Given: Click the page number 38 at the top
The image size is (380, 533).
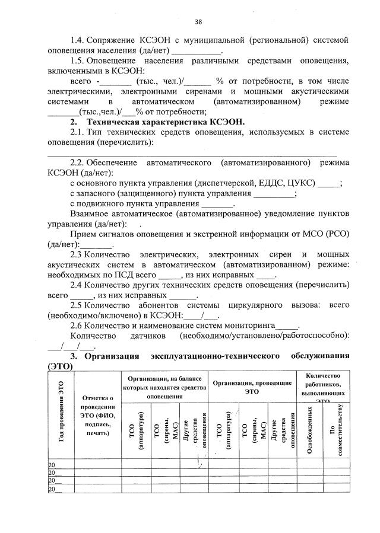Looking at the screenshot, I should tap(199, 22).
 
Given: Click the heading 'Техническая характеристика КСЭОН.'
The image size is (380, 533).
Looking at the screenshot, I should tap(164, 122).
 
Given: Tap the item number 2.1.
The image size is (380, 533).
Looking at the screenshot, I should tap(77, 132).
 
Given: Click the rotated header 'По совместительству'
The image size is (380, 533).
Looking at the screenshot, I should tap(336, 431).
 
